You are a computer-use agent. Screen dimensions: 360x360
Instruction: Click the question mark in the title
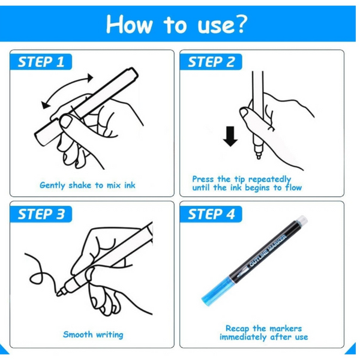click(239, 24)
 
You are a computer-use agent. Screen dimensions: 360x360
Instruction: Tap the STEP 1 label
click(41, 62)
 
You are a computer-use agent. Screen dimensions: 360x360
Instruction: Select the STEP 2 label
click(211, 62)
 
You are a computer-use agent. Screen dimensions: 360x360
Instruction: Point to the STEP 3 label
click(41, 214)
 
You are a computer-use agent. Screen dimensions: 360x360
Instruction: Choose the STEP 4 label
click(211, 214)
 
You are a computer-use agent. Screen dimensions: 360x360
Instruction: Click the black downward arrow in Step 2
click(230, 136)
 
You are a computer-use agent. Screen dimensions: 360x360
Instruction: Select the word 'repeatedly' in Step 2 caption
click(269, 179)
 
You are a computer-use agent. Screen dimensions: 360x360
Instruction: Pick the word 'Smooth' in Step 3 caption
click(78, 334)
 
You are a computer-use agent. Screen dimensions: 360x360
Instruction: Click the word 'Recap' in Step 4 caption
click(238, 329)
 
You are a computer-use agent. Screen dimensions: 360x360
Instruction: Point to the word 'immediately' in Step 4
click(243, 337)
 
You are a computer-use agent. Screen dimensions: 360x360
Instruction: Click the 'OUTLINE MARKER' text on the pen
click(268, 251)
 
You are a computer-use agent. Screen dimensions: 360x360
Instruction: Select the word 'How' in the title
click(130, 25)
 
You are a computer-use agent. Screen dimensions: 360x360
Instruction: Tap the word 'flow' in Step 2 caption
click(293, 188)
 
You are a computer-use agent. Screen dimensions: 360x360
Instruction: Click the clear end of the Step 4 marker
click(302, 220)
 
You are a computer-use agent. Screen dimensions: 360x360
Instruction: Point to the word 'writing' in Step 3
click(110, 335)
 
